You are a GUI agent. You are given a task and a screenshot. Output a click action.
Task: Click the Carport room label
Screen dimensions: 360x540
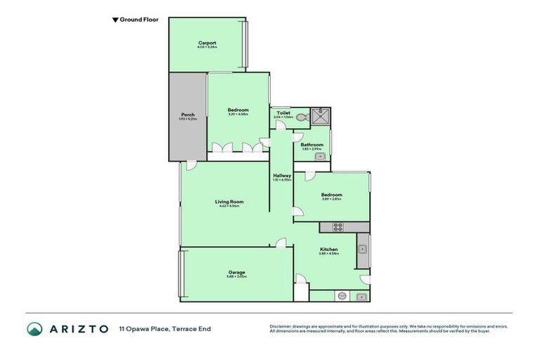(207, 43)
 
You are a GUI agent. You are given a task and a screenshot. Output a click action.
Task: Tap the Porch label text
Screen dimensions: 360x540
(188, 115)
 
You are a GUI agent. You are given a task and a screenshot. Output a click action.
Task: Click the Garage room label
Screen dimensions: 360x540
(236, 272)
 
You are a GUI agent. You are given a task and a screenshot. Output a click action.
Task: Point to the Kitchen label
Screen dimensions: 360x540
(329, 250)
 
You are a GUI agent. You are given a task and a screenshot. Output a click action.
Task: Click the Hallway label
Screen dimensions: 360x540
(282, 175)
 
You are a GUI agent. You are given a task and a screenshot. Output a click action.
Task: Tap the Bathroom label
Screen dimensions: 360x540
(311, 145)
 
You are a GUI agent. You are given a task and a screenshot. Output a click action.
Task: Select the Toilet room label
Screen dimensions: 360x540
(283, 112)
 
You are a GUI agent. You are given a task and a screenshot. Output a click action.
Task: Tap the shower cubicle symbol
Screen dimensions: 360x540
(321, 116)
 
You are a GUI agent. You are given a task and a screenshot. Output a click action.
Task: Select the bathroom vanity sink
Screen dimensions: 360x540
(320, 156)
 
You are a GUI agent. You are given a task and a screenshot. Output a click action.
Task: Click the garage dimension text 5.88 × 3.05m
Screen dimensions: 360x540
(236, 277)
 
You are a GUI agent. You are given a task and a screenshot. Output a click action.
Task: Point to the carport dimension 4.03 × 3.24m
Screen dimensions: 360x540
(207, 48)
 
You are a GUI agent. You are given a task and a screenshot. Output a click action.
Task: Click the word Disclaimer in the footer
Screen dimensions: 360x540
(282, 326)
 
